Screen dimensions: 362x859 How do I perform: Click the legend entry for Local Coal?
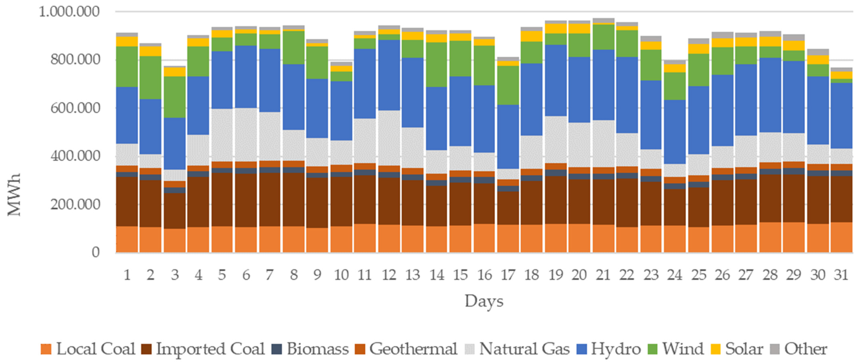tap(88, 349)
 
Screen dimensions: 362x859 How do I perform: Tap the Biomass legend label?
tap(311, 349)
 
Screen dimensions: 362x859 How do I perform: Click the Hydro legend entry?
tap(609, 349)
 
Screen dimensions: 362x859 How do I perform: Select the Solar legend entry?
tap(737, 349)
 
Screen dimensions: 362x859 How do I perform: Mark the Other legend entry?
tap(799, 349)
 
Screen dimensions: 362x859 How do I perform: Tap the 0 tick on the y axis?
tap(96, 252)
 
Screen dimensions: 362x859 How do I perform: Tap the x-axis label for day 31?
tap(841, 275)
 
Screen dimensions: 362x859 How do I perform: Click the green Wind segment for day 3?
tap(175, 97)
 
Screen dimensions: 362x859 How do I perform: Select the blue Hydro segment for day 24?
tap(675, 132)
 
